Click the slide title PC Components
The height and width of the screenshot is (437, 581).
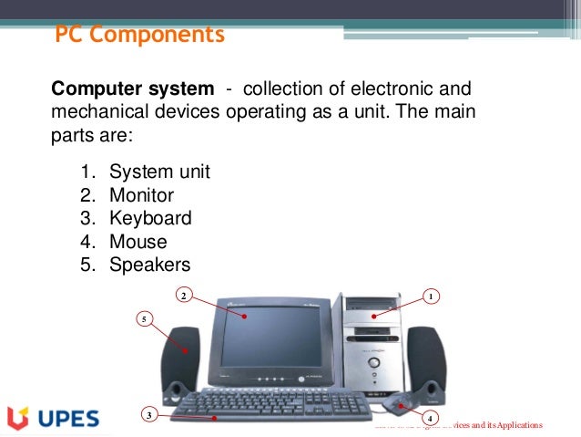click(x=139, y=36)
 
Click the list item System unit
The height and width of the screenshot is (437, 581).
click(x=159, y=172)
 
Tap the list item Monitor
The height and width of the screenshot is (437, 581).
click(x=141, y=195)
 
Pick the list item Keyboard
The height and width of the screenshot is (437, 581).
click(x=150, y=219)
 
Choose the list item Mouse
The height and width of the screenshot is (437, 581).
click(x=138, y=243)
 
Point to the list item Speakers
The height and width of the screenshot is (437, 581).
click(x=149, y=265)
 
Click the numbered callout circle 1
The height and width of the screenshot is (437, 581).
click(x=433, y=296)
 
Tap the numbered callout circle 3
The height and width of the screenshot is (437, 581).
click(x=148, y=416)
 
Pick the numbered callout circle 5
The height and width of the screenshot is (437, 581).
click(x=144, y=318)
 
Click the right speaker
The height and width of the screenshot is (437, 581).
click(x=427, y=364)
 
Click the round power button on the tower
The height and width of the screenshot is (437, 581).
click(x=372, y=364)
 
